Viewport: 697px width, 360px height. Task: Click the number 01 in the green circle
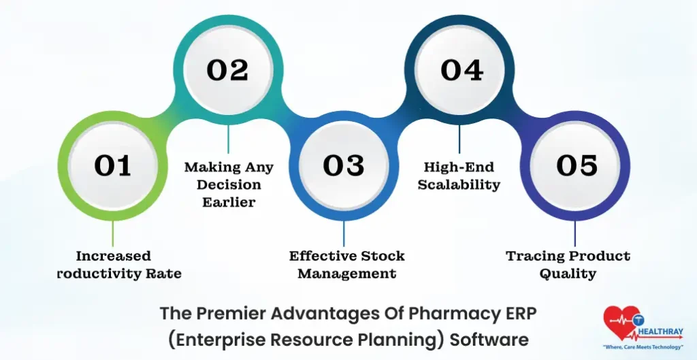(x=112, y=165)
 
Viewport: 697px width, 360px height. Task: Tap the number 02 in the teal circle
(x=227, y=70)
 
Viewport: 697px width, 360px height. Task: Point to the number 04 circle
(x=461, y=70)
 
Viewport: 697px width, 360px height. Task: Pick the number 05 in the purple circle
(x=577, y=165)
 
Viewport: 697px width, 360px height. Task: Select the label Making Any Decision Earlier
(x=229, y=184)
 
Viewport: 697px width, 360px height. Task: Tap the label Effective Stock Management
(x=346, y=265)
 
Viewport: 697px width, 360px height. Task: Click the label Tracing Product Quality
(x=568, y=265)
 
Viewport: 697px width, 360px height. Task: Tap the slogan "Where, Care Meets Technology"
(x=643, y=346)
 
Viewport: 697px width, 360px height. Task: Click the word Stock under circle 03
(x=383, y=257)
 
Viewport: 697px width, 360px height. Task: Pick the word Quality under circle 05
(x=568, y=274)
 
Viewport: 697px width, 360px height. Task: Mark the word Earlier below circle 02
(x=229, y=201)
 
